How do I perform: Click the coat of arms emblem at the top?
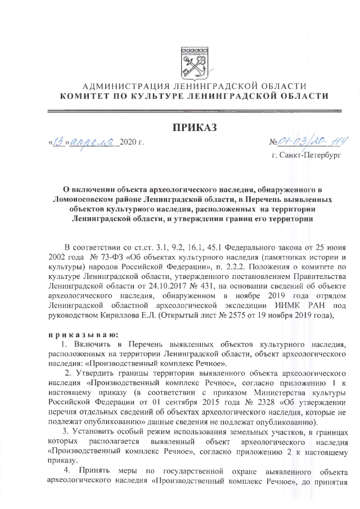point(193,64)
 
